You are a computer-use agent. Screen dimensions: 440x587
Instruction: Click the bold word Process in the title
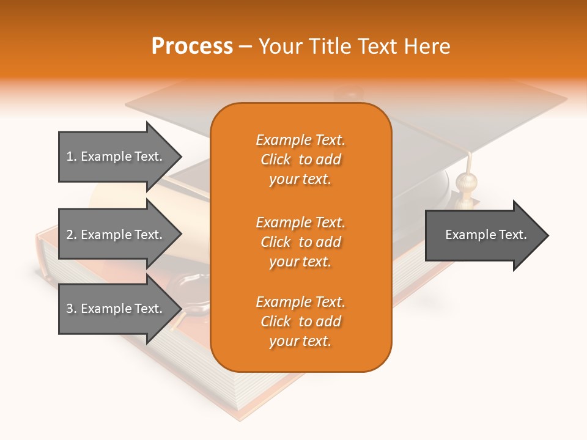(192, 46)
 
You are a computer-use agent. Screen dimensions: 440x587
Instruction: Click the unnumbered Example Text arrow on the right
(486, 235)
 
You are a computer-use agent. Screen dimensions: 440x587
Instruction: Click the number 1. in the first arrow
(71, 156)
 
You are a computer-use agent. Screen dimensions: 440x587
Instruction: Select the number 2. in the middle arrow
(71, 235)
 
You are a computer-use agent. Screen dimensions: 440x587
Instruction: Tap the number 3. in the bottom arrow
(71, 309)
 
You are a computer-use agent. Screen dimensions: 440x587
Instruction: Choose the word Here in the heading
(427, 46)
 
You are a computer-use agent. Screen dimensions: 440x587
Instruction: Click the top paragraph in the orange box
(300, 159)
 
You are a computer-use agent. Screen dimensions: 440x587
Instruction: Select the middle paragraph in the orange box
(300, 242)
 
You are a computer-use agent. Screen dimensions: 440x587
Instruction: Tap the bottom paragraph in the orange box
(300, 321)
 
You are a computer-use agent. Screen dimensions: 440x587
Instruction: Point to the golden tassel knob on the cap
(466, 182)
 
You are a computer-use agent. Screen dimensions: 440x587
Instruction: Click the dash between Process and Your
(246, 47)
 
